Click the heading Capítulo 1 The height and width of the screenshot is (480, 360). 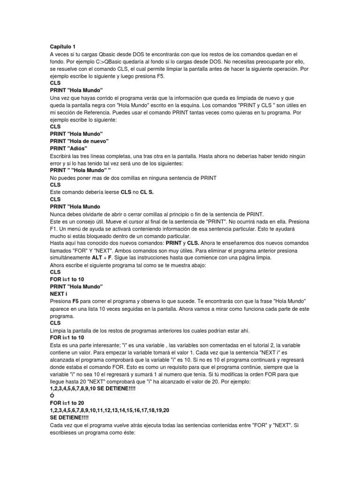(x=63, y=47)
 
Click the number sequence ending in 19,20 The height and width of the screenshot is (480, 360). (x=110, y=410)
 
